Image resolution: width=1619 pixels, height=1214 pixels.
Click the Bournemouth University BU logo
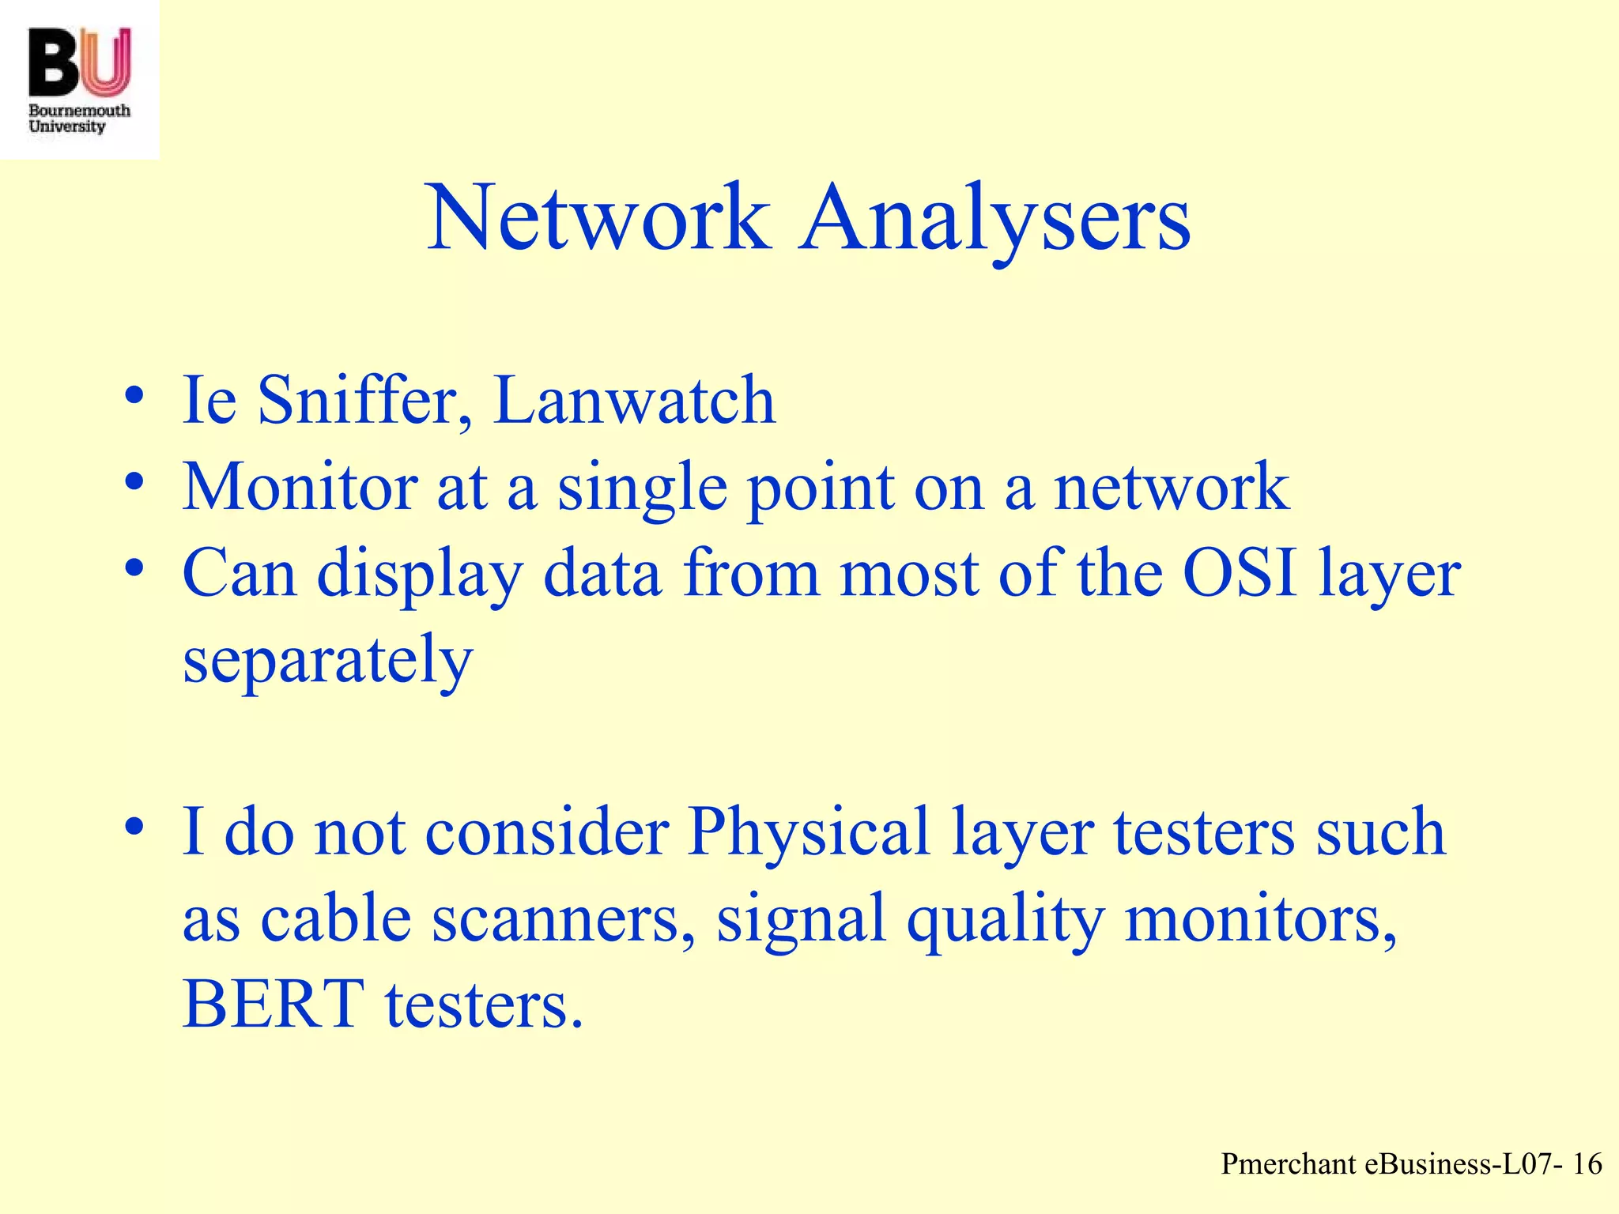pyautogui.click(x=79, y=79)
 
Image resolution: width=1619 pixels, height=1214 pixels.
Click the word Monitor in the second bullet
pyautogui.click(x=300, y=487)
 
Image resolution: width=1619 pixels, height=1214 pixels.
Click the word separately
pyautogui.click(x=327, y=661)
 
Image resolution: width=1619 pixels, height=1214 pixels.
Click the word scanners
pyautogui.click(x=564, y=918)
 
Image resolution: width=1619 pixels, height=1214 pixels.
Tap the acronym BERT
pyautogui.click(x=274, y=1005)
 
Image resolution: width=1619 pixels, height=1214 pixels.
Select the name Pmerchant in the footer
pyautogui.click(x=1289, y=1163)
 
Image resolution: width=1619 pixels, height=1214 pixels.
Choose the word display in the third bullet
pyautogui.click(x=420, y=575)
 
